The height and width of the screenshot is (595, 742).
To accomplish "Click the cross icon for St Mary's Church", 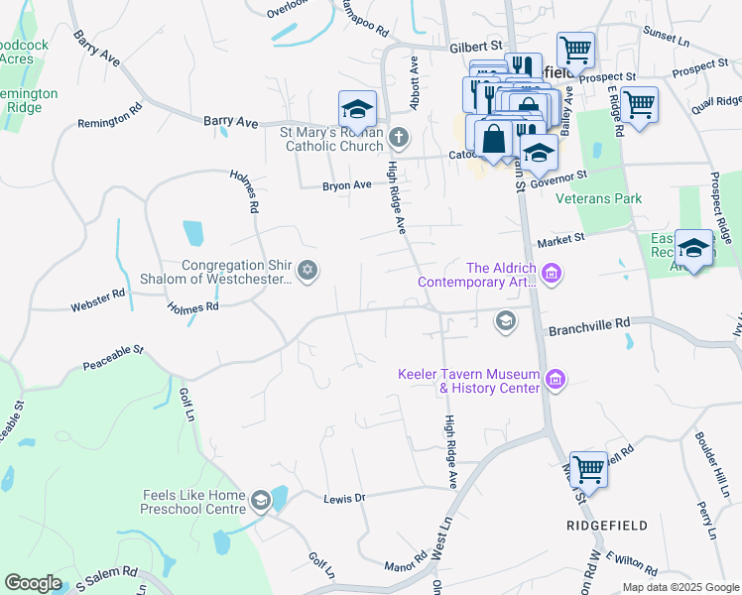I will (x=398, y=136).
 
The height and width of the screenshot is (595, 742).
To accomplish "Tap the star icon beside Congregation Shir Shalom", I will (x=308, y=271).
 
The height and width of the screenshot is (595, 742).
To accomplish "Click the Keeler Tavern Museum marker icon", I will (x=556, y=379).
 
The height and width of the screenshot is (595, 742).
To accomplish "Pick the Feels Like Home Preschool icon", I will (x=261, y=499).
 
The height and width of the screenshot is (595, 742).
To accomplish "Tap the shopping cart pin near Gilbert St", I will (x=574, y=49).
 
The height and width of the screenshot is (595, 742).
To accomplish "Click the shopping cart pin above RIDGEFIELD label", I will (x=588, y=469).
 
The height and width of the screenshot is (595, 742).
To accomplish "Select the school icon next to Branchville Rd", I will (x=505, y=319).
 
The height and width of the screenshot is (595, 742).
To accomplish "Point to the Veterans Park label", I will (x=598, y=198).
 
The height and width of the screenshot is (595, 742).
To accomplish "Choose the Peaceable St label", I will (x=114, y=351).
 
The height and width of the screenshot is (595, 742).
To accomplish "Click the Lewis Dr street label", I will (x=345, y=497).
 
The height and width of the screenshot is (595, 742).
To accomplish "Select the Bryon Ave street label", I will (x=346, y=185).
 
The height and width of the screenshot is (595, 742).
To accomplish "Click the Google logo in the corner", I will (x=33, y=583).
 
